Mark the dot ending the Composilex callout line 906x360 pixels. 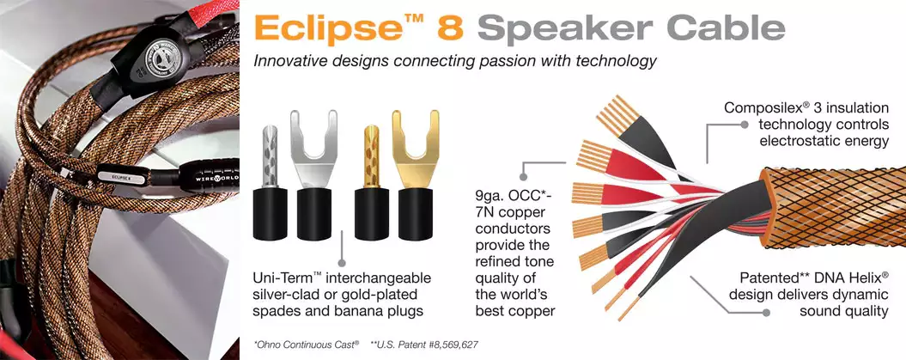coord(745,125)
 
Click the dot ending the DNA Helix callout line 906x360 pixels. coord(766,312)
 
